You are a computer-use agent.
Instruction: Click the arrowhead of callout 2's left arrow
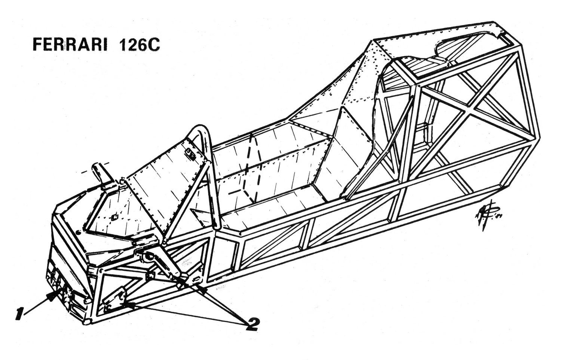coord(126,304)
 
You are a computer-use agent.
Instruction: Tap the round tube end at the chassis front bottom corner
coord(87,321)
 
